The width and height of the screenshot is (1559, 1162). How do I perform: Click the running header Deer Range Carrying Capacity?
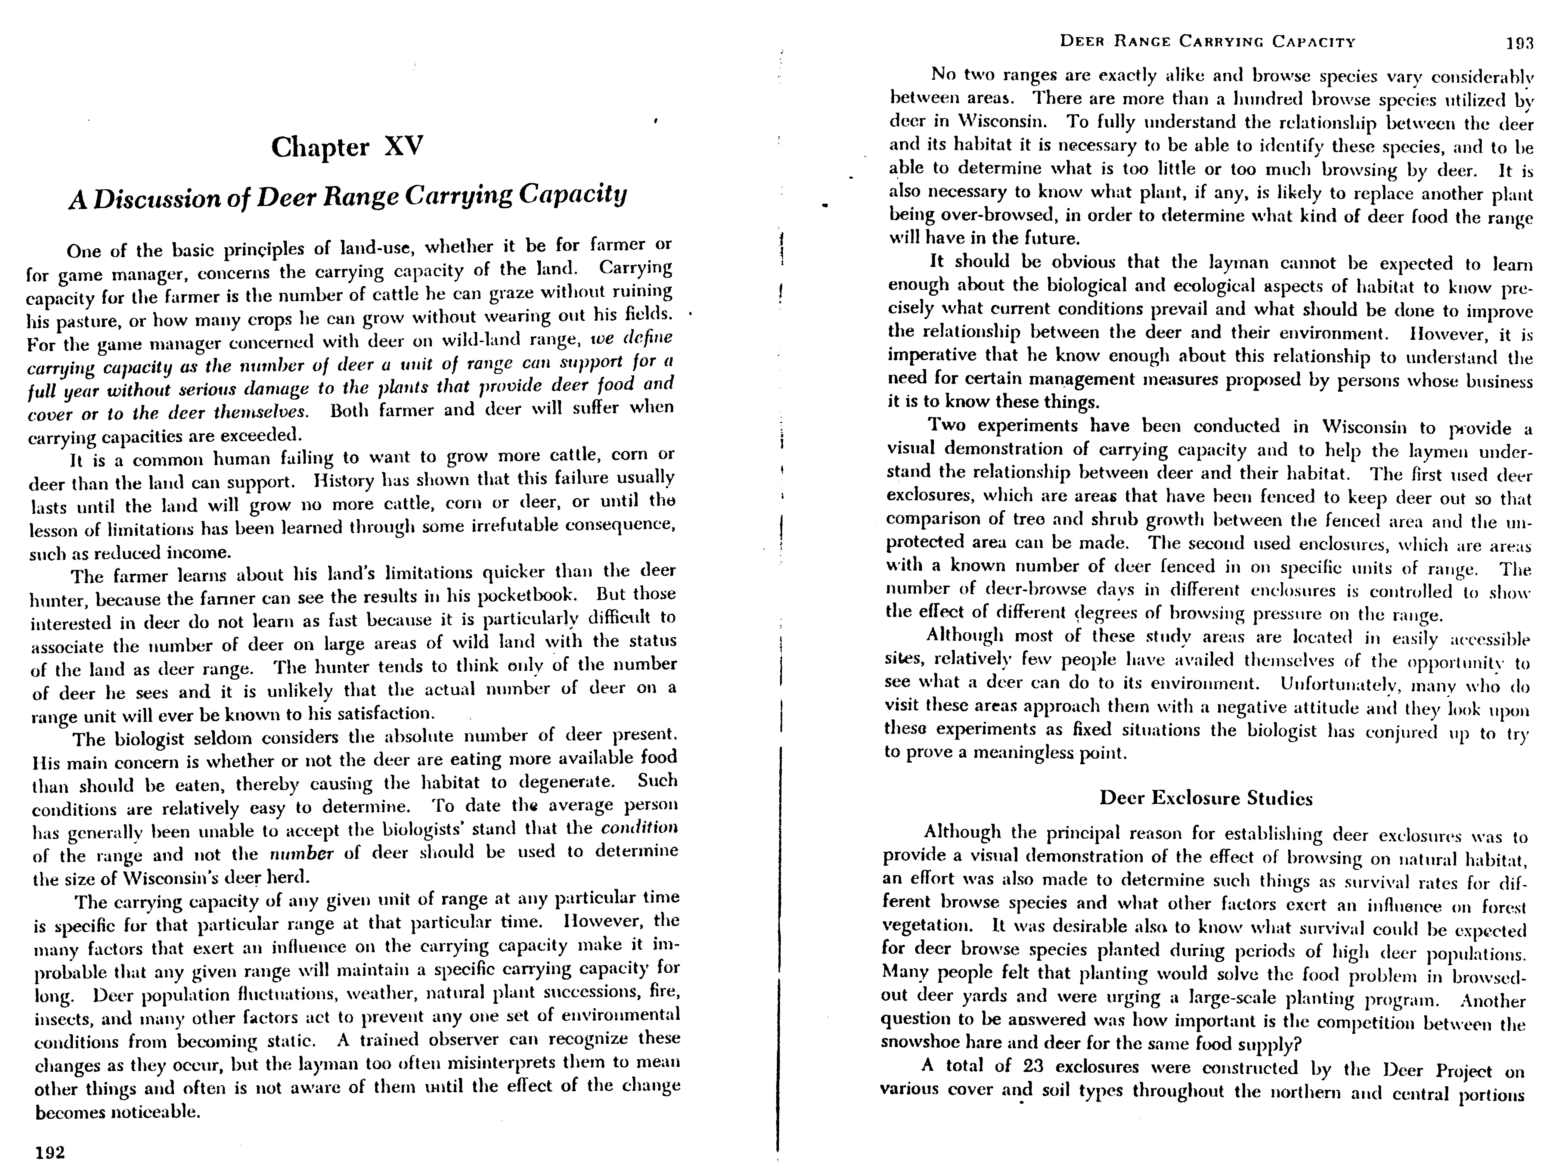[1207, 42]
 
